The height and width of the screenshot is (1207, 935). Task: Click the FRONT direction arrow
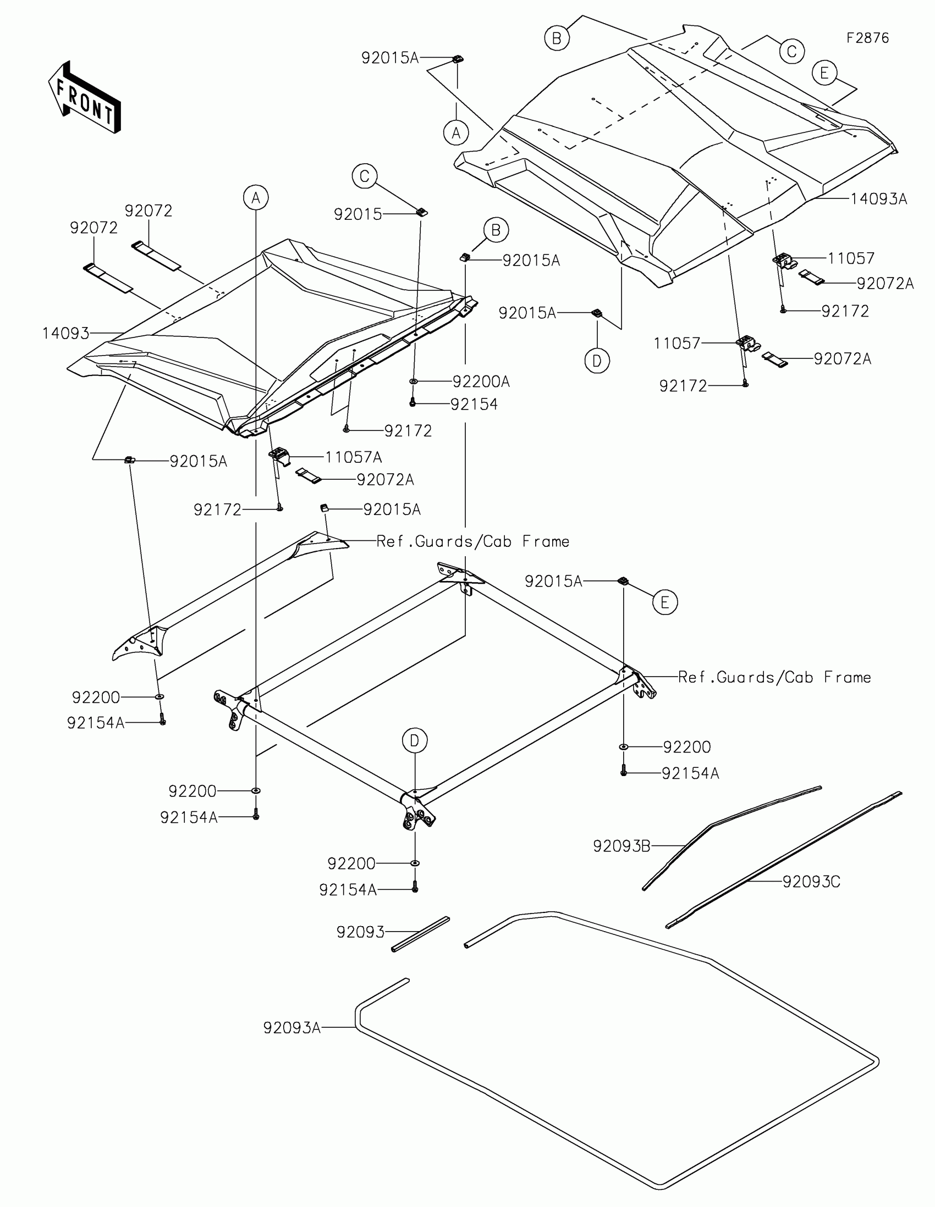coord(85,97)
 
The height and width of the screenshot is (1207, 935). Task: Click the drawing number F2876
coord(867,38)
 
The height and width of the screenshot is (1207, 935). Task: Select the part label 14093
coord(65,333)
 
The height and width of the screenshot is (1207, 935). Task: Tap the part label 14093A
coord(878,199)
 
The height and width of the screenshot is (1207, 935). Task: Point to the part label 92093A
coord(291,1028)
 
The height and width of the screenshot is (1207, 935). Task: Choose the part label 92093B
coord(621,846)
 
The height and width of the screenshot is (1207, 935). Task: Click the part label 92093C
coord(811,882)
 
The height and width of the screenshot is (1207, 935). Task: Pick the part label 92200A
coord(481,381)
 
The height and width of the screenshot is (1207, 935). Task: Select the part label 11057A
coord(353,457)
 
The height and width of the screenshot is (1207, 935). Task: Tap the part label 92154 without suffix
coord(474,405)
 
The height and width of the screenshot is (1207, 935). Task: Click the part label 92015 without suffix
coord(358,214)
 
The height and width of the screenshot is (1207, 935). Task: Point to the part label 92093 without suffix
coord(360,932)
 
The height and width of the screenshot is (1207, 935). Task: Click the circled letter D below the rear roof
coord(597,361)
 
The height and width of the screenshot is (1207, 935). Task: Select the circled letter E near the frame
coord(664,602)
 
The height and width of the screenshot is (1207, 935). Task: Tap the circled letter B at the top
coord(556,38)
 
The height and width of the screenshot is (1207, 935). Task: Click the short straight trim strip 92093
coord(421,934)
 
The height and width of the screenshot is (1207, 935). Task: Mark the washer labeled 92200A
coord(413,381)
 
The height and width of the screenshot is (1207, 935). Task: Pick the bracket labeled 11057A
coord(279,457)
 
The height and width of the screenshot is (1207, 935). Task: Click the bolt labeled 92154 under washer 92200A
coord(413,403)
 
